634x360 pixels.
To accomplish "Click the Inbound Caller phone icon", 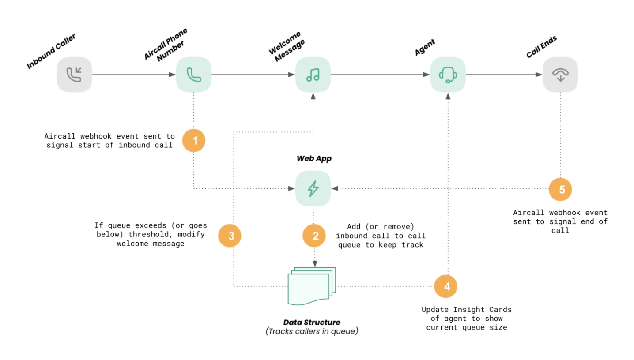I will (x=74, y=75).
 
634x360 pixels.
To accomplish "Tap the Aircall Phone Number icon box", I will (x=193, y=75).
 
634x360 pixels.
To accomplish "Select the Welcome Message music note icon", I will (x=313, y=75).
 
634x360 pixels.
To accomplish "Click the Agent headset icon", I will (x=448, y=75).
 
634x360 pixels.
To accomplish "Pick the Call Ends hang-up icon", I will (x=560, y=75).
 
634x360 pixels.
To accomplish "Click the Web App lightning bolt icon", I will (x=313, y=189).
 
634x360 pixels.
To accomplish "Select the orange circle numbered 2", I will (x=314, y=236).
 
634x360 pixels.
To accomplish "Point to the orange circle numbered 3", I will (x=230, y=236).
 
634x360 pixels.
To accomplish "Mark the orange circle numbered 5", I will (x=560, y=190).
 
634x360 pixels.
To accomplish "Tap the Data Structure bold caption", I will (x=312, y=322).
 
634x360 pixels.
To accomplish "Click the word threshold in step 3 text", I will (x=145, y=234).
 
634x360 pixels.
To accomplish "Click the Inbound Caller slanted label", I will (x=51, y=52).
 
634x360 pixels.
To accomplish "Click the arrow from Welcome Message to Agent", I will (x=380, y=75).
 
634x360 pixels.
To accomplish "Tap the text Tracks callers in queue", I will (x=312, y=331).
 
